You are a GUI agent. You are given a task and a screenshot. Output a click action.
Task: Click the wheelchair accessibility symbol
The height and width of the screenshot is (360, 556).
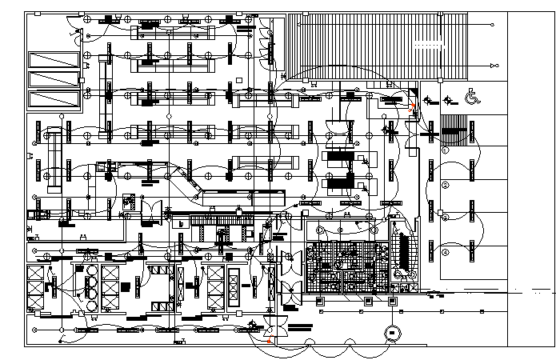tap(472, 98)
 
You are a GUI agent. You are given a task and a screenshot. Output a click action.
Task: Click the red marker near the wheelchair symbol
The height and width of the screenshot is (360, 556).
tap(413, 106)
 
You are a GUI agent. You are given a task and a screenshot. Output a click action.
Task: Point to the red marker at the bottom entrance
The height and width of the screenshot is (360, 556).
tap(269, 342)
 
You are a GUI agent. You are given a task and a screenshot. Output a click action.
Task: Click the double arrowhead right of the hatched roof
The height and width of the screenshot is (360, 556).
tap(490, 63)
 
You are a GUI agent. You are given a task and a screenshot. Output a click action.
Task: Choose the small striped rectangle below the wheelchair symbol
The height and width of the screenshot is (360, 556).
tap(453, 126)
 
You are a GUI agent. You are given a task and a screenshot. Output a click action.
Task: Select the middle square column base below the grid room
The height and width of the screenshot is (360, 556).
tap(369, 302)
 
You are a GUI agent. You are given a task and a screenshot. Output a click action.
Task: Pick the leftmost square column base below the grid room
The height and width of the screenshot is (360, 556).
tap(320, 302)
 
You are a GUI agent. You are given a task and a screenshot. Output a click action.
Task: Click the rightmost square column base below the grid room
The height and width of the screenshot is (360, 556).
tap(392, 302)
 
